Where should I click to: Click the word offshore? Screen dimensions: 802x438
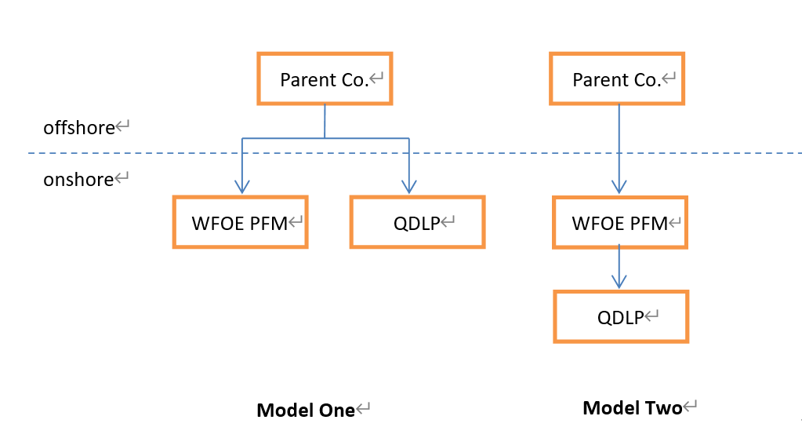78,128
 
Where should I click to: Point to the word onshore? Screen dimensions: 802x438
78,180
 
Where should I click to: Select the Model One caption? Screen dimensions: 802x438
305,410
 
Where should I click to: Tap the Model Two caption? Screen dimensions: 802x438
632,407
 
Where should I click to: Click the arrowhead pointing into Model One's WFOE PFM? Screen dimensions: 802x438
242,187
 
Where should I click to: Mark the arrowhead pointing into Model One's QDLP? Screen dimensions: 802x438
409,187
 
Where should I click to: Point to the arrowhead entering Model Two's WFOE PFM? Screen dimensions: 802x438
619,187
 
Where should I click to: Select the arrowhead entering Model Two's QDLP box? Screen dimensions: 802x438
619,282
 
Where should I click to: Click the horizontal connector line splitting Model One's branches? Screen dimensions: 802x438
325,138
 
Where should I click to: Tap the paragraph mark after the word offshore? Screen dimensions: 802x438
122,126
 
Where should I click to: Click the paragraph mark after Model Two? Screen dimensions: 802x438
690,407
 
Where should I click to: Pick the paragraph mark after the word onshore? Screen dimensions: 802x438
122,177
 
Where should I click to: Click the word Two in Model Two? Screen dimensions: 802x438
663,407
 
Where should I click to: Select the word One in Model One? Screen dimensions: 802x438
336,410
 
